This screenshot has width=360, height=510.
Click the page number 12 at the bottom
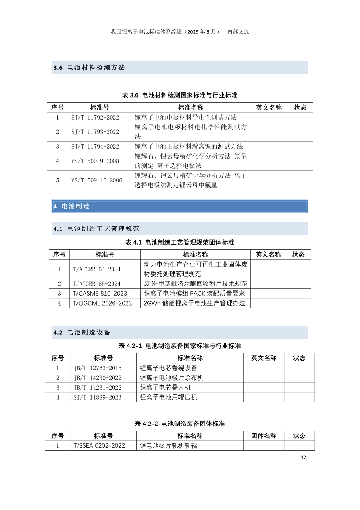click(303, 457)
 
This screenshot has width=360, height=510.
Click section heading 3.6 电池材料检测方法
click(89, 68)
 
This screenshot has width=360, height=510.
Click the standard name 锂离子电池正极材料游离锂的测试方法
click(189, 147)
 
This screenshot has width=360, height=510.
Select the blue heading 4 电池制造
click(72, 206)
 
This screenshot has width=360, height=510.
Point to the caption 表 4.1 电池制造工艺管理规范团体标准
click(180, 242)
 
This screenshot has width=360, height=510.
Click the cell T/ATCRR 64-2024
click(97, 269)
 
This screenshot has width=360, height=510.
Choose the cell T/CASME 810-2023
click(100, 294)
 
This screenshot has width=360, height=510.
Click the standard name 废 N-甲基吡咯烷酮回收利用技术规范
click(195, 284)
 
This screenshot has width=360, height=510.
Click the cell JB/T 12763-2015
click(98, 368)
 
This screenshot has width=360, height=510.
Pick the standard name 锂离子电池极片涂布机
click(172, 378)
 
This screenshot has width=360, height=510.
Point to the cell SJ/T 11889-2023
click(98, 397)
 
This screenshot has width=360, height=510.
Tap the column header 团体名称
click(264, 436)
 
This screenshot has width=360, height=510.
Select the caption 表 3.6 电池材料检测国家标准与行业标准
click(180, 95)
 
